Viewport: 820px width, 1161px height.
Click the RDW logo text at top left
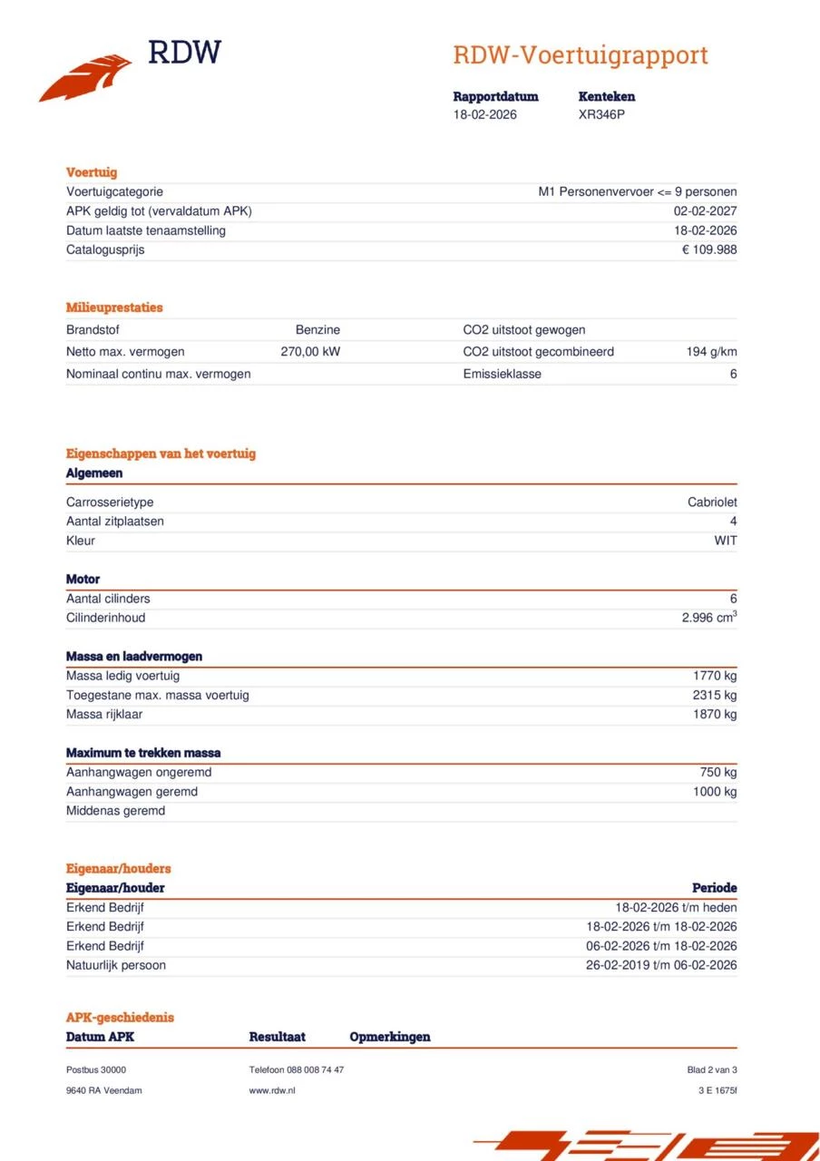(184, 53)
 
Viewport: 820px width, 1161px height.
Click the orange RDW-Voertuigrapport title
(580, 55)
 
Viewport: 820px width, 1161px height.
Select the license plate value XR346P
(601, 114)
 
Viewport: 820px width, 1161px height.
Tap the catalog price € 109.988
(708, 249)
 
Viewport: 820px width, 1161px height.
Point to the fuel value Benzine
(317, 330)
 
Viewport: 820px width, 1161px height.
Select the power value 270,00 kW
(310, 352)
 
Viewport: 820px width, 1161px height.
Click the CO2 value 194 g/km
(711, 352)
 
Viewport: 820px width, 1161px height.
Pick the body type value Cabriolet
(712, 502)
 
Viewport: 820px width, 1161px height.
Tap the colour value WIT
(725, 541)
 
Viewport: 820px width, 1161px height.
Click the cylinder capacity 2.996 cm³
(708, 618)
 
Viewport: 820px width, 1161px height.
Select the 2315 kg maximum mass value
(714, 695)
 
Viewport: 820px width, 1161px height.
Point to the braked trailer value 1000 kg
(714, 792)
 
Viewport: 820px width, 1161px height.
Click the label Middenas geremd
(115, 811)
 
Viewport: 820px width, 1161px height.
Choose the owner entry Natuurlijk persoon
(115, 965)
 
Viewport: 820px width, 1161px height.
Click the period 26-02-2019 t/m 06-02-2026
(660, 965)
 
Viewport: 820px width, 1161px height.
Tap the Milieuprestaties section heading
(114, 307)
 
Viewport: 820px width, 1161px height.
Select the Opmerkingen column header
(389, 1037)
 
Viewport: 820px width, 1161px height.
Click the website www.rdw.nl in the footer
(271, 1090)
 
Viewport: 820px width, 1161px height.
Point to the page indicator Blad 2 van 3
(711, 1070)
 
